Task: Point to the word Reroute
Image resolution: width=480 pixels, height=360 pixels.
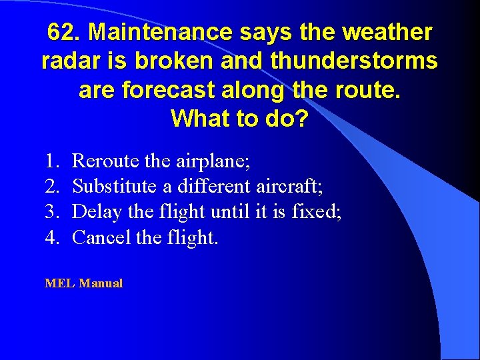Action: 104,161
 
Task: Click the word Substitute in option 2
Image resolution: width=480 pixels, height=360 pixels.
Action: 114,186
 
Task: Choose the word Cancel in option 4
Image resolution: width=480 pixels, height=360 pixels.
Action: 101,237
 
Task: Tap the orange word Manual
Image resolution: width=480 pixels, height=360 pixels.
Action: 101,283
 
